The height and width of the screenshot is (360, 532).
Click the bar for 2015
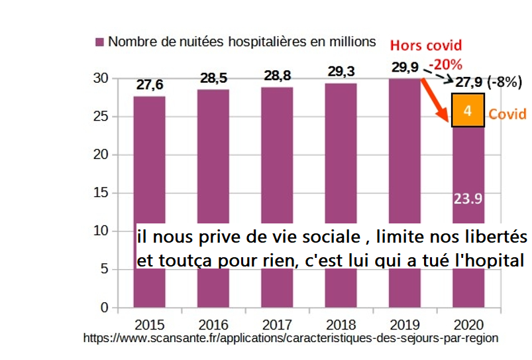coord(149,159)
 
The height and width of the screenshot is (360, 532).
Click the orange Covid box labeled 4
coord(468,110)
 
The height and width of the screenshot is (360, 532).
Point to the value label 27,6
coord(150,85)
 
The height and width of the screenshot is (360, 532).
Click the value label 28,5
coord(213,79)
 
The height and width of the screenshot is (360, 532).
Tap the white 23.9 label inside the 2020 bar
coord(468,198)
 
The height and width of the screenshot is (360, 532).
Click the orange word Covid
coord(507,114)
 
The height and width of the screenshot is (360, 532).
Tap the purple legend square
coord(99,42)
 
